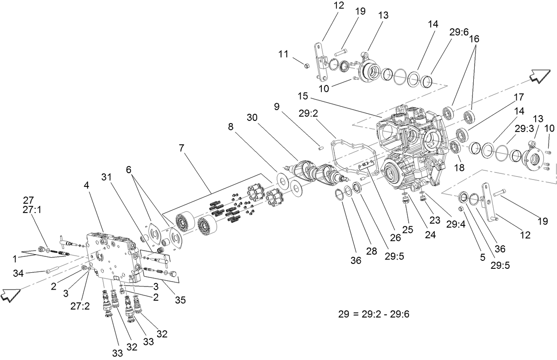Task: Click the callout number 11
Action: (x=283, y=54)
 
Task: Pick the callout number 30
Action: (x=252, y=117)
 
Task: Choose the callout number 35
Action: (x=179, y=300)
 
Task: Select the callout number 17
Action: (x=518, y=97)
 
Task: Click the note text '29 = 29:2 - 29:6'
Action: (x=374, y=314)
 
